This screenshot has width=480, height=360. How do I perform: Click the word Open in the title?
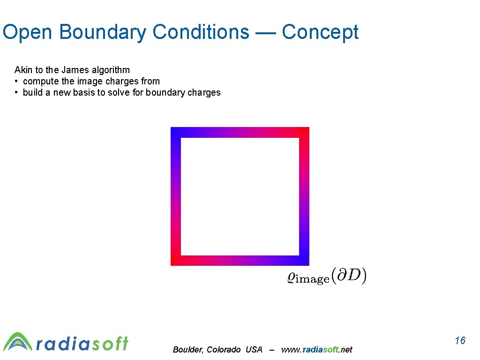[29, 32]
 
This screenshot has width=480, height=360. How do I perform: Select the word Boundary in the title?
[104, 32]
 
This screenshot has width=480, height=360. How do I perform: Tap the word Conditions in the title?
[201, 32]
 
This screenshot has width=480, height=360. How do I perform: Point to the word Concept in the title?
[320, 32]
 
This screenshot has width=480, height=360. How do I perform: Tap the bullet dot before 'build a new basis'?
[17, 93]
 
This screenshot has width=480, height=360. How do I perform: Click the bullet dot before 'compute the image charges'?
[17, 82]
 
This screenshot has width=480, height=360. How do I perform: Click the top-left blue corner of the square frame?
[176, 132]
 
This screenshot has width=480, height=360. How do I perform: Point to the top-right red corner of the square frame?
[304, 132]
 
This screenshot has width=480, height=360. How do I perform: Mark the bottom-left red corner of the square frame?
[176, 261]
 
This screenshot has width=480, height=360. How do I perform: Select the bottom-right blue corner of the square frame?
[304, 261]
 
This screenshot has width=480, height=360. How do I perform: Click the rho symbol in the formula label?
[291, 277]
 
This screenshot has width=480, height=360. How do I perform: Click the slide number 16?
[460, 340]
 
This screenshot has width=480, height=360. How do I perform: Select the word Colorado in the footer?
[224, 350]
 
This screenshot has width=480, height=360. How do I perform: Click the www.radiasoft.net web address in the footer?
[316, 350]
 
